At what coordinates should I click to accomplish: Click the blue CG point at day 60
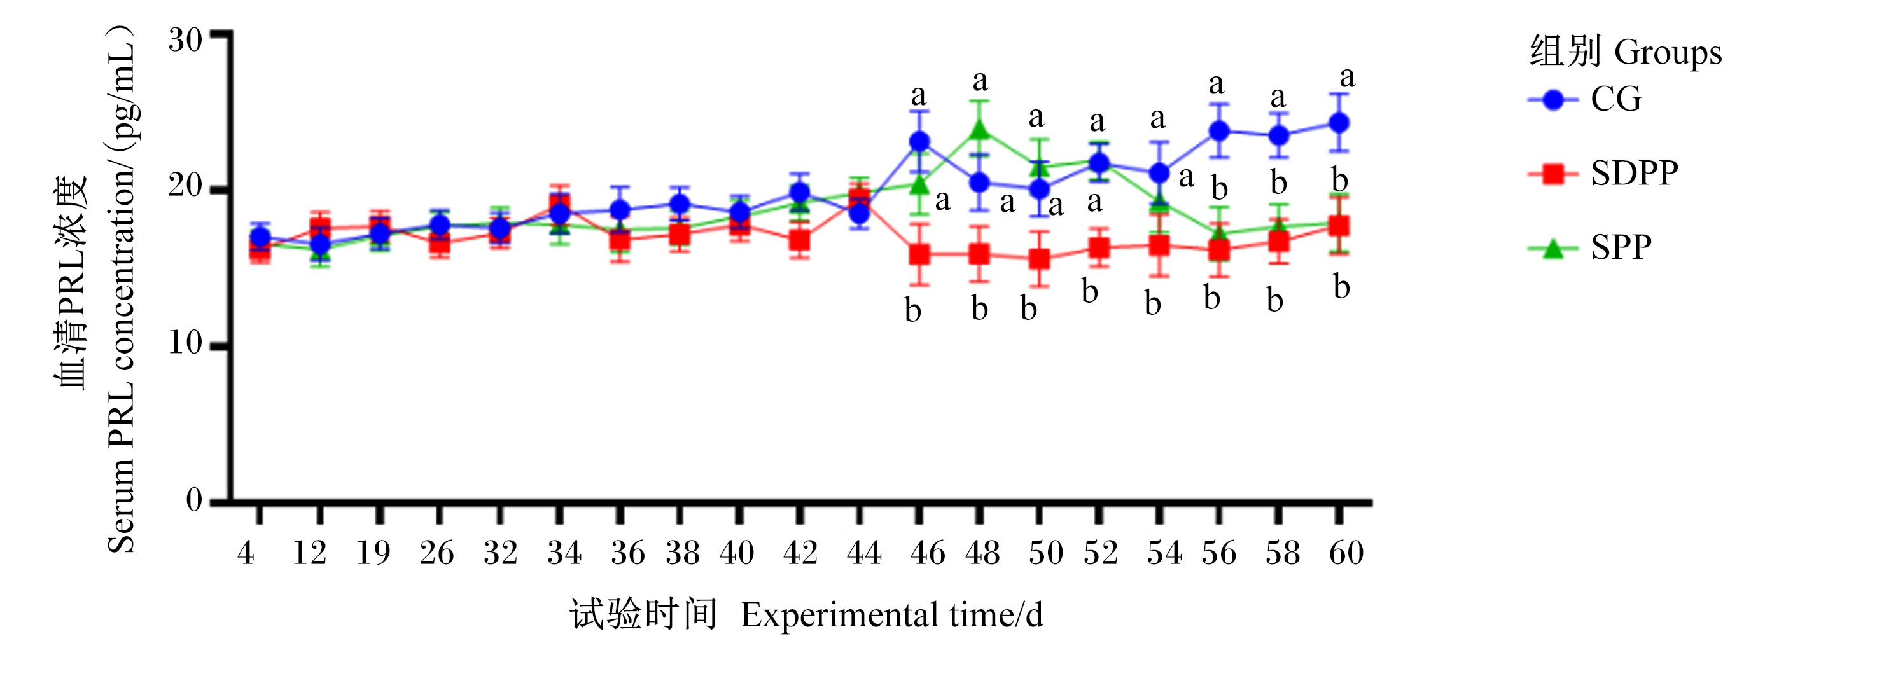coord(1339,123)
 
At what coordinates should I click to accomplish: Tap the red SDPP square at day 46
coord(919,254)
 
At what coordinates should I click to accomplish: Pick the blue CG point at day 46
coord(919,141)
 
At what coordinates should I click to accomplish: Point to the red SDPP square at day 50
coord(1039,259)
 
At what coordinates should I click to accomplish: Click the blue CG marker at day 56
coord(1218,132)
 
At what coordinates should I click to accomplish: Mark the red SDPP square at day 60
coord(1339,226)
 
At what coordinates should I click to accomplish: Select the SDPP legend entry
coord(1602,173)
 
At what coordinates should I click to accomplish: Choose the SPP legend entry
coord(1589,248)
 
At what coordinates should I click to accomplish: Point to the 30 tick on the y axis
coord(185,39)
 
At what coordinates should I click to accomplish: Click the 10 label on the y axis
coord(185,343)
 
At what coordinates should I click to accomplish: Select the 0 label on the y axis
coord(194,500)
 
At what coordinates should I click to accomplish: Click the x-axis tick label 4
coord(246,553)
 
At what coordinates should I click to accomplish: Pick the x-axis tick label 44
coord(864,553)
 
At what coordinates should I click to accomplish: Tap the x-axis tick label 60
coord(1346,553)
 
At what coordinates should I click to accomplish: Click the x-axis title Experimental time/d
coord(891,614)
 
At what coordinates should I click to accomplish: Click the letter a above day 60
coord(1347,77)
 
